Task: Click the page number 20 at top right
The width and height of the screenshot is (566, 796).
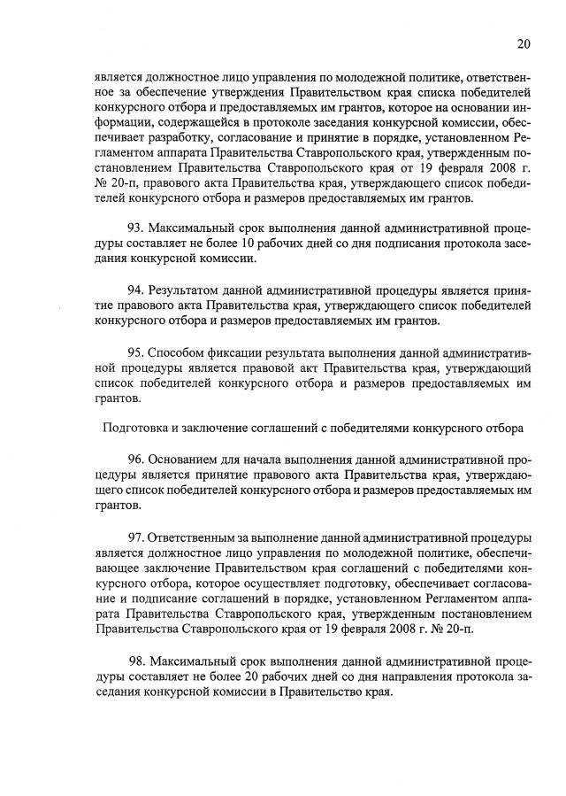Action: coord(524,43)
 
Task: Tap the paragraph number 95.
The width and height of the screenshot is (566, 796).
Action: coord(137,352)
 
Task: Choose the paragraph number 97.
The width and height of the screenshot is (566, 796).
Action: coord(138,537)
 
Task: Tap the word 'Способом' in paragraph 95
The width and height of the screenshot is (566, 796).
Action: coord(177,352)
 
